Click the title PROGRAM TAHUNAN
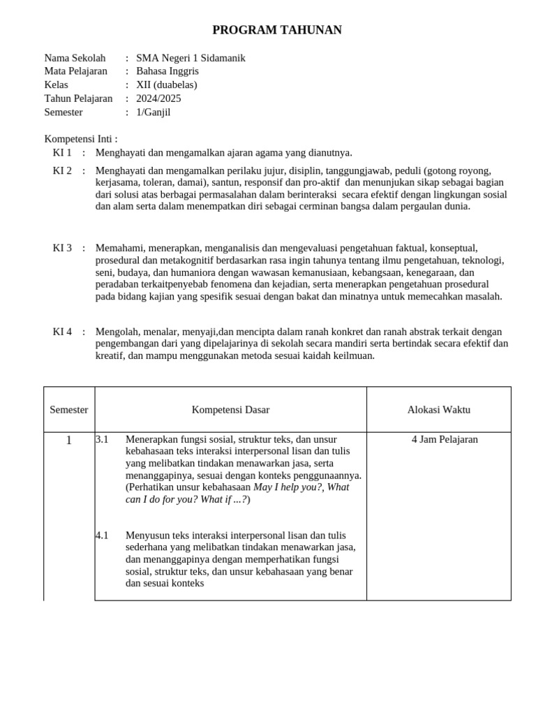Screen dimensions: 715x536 (x=277, y=30)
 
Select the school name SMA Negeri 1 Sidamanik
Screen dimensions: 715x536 (x=191, y=58)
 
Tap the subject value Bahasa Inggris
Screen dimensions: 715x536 (x=167, y=71)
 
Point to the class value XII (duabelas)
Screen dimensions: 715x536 (x=167, y=84)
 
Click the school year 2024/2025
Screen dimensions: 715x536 (x=158, y=98)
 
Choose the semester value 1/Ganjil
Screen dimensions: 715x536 (x=154, y=112)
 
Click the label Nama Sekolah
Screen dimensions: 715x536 (x=75, y=58)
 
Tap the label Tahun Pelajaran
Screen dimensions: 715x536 (x=78, y=98)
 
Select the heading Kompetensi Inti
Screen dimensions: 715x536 (x=81, y=139)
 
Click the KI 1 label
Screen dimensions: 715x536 (x=62, y=152)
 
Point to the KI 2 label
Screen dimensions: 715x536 (x=62, y=170)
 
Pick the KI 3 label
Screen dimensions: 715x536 (x=62, y=248)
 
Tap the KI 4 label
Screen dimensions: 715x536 (x=62, y=332)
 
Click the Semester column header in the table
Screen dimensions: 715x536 (x=69, y=410)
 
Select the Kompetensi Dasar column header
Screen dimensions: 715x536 (x=230, y=410)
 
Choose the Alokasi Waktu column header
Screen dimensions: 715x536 (x=439, y=410)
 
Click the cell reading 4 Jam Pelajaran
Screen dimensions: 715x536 (x=445, y=439)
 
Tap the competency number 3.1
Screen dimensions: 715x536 (x=103, y=439)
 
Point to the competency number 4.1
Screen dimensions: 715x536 (x=103, y=536)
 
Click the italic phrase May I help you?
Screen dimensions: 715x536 (x=288, y=487)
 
